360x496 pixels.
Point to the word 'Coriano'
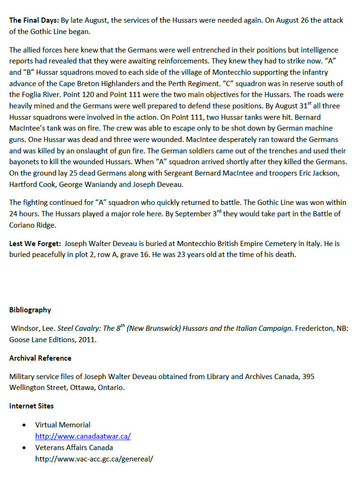23,225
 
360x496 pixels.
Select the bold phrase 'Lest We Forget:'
35,244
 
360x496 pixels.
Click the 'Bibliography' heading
30,310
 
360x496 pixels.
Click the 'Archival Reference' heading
40,358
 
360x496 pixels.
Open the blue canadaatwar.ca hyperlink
83,436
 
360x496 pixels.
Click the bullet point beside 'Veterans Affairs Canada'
24,448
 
